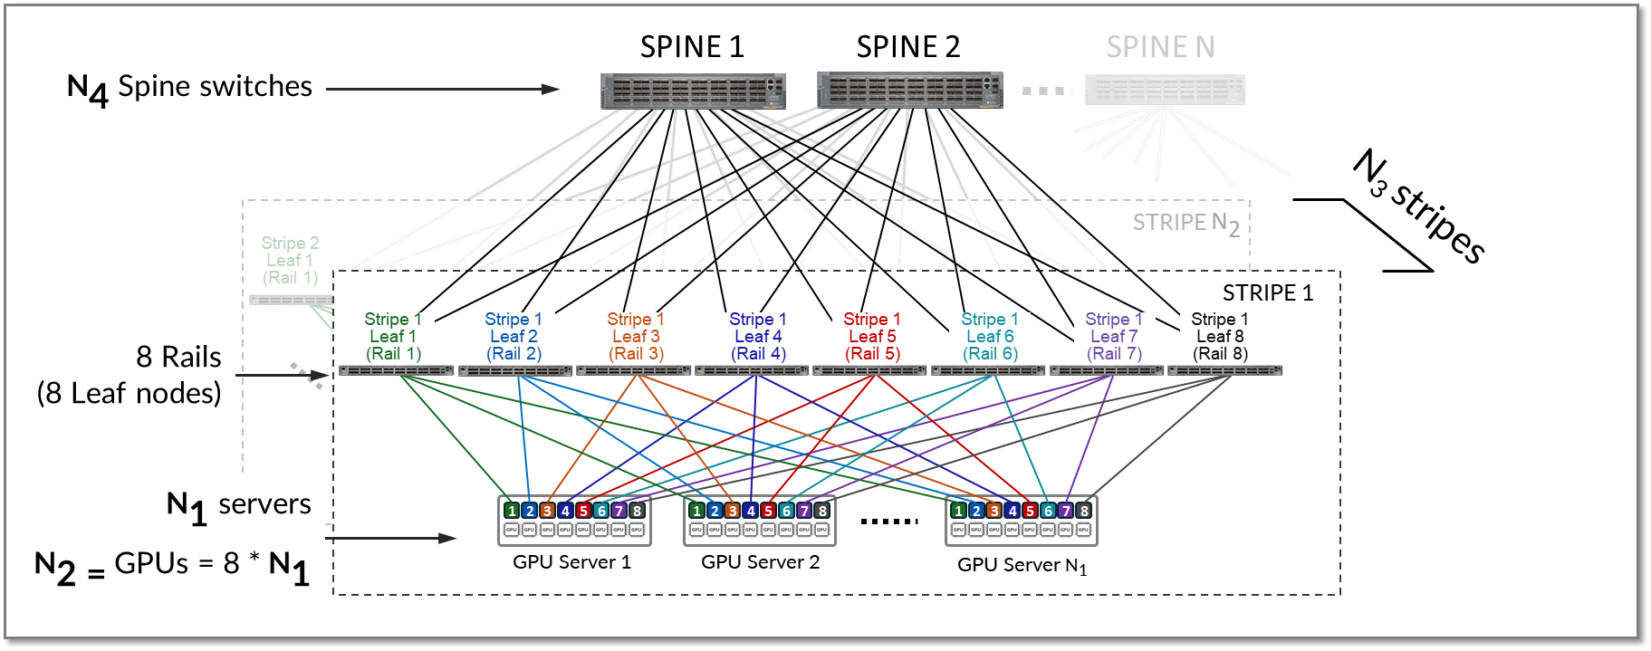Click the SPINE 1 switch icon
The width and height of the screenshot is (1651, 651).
(693, 91)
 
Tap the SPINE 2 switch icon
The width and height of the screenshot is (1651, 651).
(909, 91)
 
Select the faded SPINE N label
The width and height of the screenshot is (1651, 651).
(1160, 47)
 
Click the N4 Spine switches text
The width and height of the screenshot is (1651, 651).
(189, 88)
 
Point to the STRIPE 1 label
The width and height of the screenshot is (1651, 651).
(1267, 292)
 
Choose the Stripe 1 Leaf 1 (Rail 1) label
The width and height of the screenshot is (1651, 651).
(393, 336)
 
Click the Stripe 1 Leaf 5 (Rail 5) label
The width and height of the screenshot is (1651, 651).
(872, 336)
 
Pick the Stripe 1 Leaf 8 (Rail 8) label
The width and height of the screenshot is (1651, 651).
(1220, 336)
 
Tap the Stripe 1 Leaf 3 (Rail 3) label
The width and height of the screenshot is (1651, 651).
(636, 336)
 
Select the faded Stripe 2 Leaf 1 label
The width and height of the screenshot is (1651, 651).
(290, 260)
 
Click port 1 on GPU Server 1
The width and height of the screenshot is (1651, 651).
(512, 511)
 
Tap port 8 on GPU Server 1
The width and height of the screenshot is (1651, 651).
(637, 511)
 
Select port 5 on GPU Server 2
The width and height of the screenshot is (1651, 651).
(768, 511)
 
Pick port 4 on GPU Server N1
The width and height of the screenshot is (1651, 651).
(1012, 511)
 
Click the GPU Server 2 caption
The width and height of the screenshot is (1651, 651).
(760, 562)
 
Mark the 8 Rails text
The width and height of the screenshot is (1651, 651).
(178, 357)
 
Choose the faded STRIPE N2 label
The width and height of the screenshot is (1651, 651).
(1185, 223)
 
